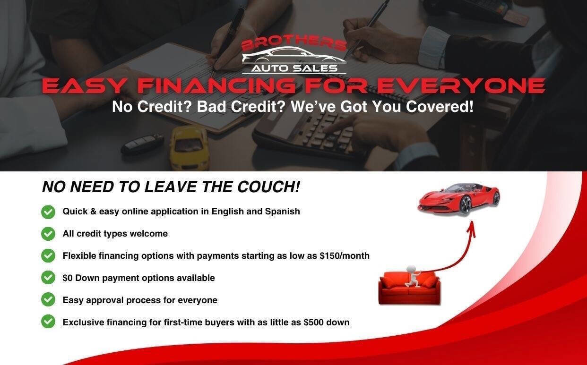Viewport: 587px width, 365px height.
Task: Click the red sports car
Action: (x=458, y=197)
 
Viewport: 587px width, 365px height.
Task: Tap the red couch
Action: (x=409, y=288)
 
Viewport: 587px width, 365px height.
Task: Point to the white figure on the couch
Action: (x=412, y=276)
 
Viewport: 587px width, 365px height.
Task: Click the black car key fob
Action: (x=142, y=144)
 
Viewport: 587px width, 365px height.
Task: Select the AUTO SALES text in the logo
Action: (x=294, y=68)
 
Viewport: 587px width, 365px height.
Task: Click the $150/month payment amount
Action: (x=345, y=256)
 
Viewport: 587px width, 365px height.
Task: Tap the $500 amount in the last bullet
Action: (x=314, y=323)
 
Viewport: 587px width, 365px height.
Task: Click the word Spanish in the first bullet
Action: (x=282, y=212)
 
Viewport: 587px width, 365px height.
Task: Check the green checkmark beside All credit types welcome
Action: (x=48, y=234)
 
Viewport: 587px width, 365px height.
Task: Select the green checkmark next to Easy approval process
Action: (x=48, y=300)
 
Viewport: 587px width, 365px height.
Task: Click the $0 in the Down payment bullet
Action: (x=68, y=278)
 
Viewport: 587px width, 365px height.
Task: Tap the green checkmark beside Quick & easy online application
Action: (x=48, y=212)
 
